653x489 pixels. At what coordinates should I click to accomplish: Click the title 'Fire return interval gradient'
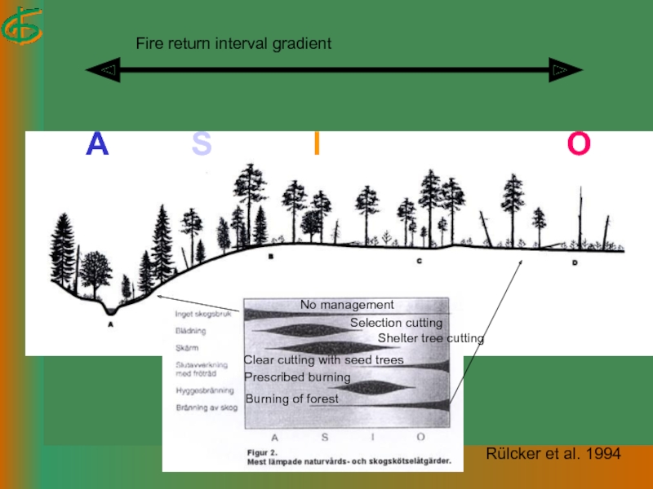[233, 43]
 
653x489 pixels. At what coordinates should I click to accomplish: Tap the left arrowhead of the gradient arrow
[103, 71]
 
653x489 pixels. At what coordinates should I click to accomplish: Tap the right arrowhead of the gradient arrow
[565, 71]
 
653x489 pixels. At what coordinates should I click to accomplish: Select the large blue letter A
[98, 144]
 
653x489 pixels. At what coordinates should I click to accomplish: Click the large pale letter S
[202, 144]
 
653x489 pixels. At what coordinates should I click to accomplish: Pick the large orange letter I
[317, 144]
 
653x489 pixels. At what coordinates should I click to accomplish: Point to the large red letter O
[579, 144]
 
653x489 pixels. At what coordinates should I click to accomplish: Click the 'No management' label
[347, 305]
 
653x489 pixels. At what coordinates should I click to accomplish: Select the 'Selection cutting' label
[396, 324]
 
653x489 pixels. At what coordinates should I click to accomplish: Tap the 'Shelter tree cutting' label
[430, 338]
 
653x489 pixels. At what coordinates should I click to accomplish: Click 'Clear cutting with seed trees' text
[324, 360]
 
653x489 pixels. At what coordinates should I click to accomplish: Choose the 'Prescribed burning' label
[297, 377]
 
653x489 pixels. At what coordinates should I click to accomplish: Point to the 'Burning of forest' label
[291, 399]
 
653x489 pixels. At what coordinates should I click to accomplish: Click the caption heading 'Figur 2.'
[264, 451]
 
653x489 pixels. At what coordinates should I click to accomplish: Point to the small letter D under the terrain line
[575, 262]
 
